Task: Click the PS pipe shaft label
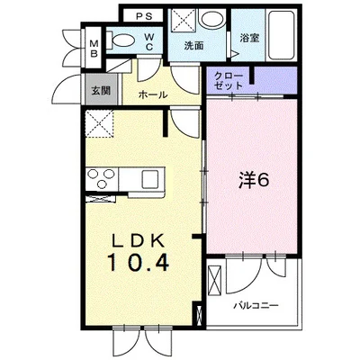pyautogui.click(x=143, y=15)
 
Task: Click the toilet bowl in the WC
pyautogui.click(x=121, y=40)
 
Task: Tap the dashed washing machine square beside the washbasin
pyautogui.click(x=184, y=19)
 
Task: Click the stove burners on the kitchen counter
pyautogui.click(x=101, y=177)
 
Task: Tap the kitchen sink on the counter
pyautogui.click(x=148, y=176)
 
